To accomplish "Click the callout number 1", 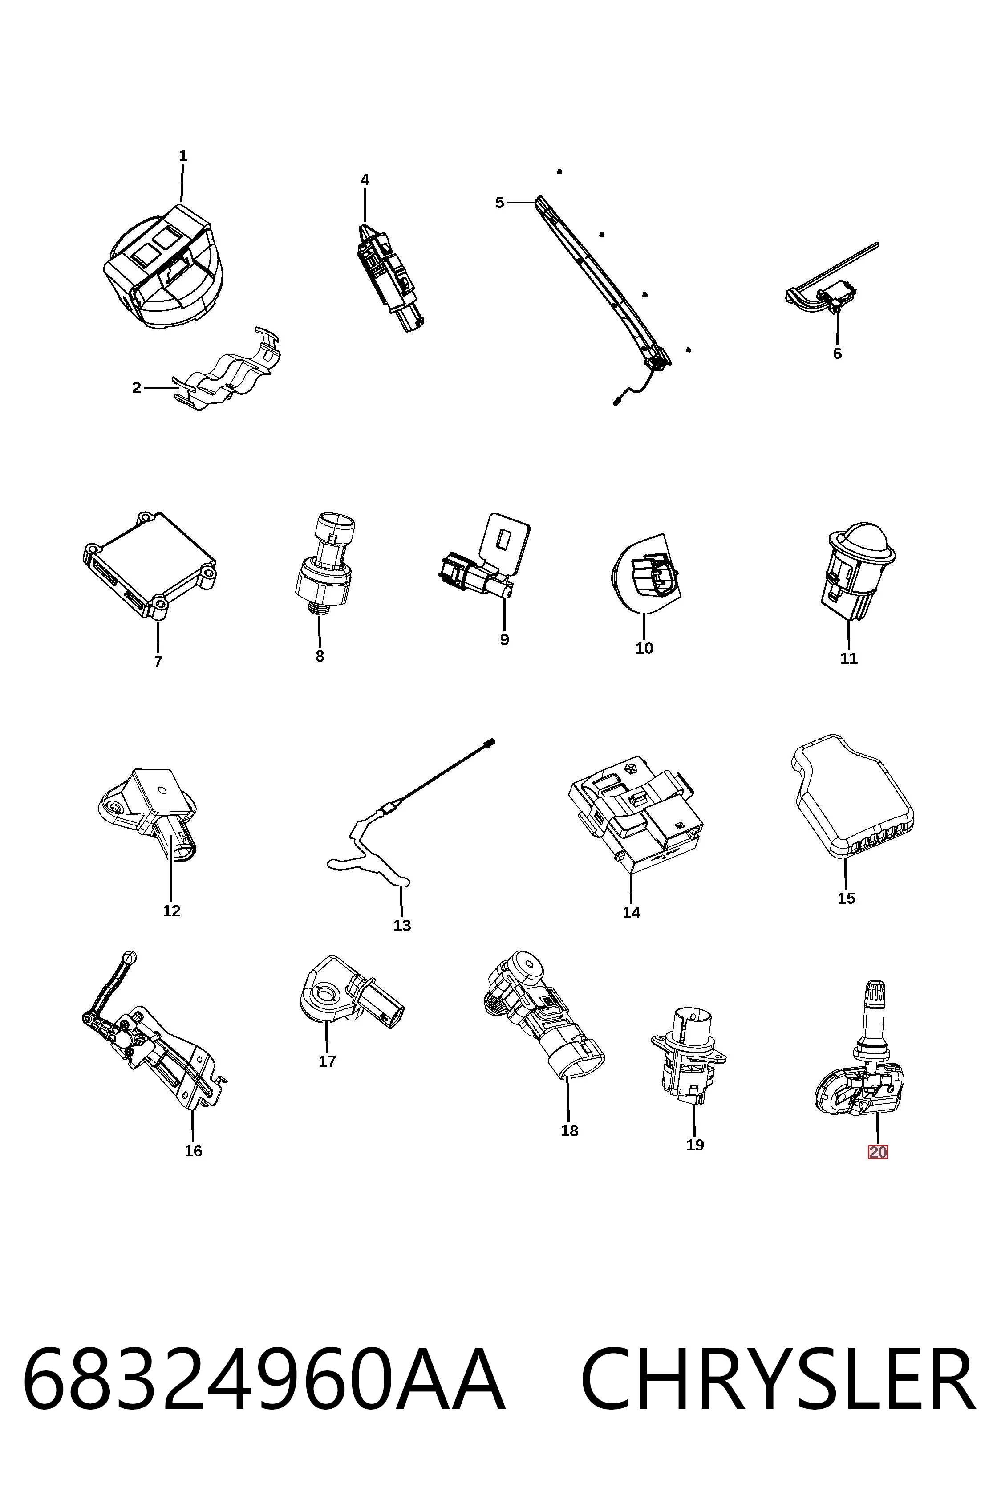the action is [183, 156].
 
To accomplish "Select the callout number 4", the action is [365, 179].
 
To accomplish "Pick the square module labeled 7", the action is [150, 565].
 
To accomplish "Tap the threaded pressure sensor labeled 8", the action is [324, 562].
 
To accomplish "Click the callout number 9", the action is [504, 640].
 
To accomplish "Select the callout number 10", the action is [644, 648].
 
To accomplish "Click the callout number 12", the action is [172, 911].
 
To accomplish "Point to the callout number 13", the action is [402, 926].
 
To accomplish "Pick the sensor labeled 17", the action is [350, 993].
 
